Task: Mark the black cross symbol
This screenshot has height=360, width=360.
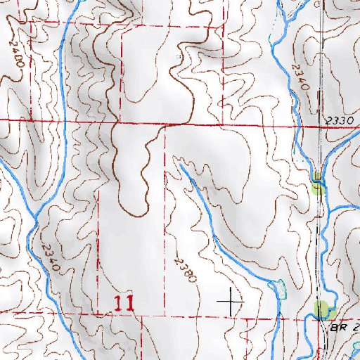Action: tap(231, 302)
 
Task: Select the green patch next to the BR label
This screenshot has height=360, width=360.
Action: tap(323, 309)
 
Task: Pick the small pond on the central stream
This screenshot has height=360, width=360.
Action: tap(277, 288)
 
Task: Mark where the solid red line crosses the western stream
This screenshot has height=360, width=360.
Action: tap(62, 121)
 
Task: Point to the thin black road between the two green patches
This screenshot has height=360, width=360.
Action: tap(322, 246)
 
